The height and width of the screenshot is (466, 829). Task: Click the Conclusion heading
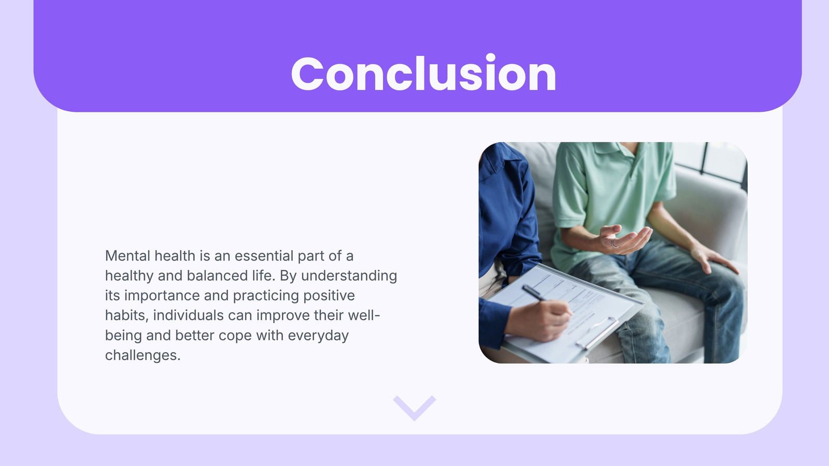tap(423, 73)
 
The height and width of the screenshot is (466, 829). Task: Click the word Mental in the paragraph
tap(127, 256)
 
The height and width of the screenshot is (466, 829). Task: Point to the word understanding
tap(349, 276)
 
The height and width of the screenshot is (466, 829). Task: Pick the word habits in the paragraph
tap(126, 315)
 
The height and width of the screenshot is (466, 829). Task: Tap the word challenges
tap(142, 355)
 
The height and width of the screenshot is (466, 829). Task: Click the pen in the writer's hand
tap(536, 295)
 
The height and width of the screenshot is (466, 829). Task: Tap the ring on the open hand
tap(614, 243)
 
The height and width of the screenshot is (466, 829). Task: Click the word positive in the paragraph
tap(329, 296)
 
